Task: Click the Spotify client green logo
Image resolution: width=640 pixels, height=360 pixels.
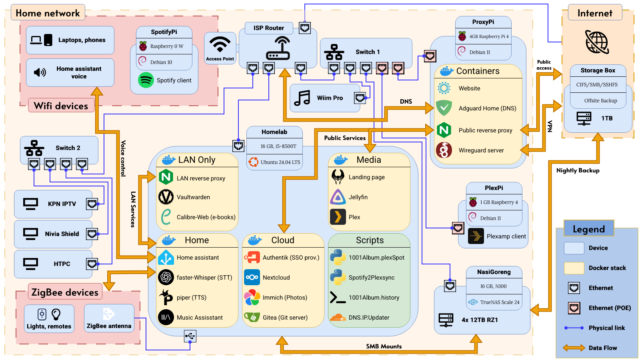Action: point(146,80)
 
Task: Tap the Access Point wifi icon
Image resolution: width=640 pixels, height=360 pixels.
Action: point(220,44)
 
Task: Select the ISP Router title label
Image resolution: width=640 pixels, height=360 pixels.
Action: point(268,28)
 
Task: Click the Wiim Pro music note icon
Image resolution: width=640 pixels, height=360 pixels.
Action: point(302,98)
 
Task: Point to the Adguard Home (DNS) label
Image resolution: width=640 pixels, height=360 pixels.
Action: point(487,108)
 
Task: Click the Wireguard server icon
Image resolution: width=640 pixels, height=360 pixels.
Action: point(444,150)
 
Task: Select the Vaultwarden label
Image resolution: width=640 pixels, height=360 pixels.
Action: point(193,197)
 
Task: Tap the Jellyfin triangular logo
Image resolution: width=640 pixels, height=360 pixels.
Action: point(338,197)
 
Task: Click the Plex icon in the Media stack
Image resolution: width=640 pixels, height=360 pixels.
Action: point(338,217)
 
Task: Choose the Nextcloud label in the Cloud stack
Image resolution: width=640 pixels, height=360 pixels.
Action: point(276,278)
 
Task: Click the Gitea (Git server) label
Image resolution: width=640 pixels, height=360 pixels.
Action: point(285,318)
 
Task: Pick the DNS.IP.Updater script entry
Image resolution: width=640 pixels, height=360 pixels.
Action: point(368,318)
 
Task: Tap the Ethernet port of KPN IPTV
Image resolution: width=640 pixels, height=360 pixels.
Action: point(92,204)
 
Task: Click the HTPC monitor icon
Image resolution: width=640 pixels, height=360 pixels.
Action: point(31,264)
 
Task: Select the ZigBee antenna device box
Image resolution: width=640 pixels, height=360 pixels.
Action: point(109,318)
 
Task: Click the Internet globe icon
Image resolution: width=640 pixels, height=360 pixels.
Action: point(597,42)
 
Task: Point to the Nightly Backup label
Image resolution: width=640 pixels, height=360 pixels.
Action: point(578,170)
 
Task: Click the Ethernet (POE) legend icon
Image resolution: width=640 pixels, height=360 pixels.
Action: point(574,308)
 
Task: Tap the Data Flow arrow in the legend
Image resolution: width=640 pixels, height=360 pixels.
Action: point(574,348)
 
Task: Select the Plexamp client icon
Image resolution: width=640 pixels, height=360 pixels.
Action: point(476,236)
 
